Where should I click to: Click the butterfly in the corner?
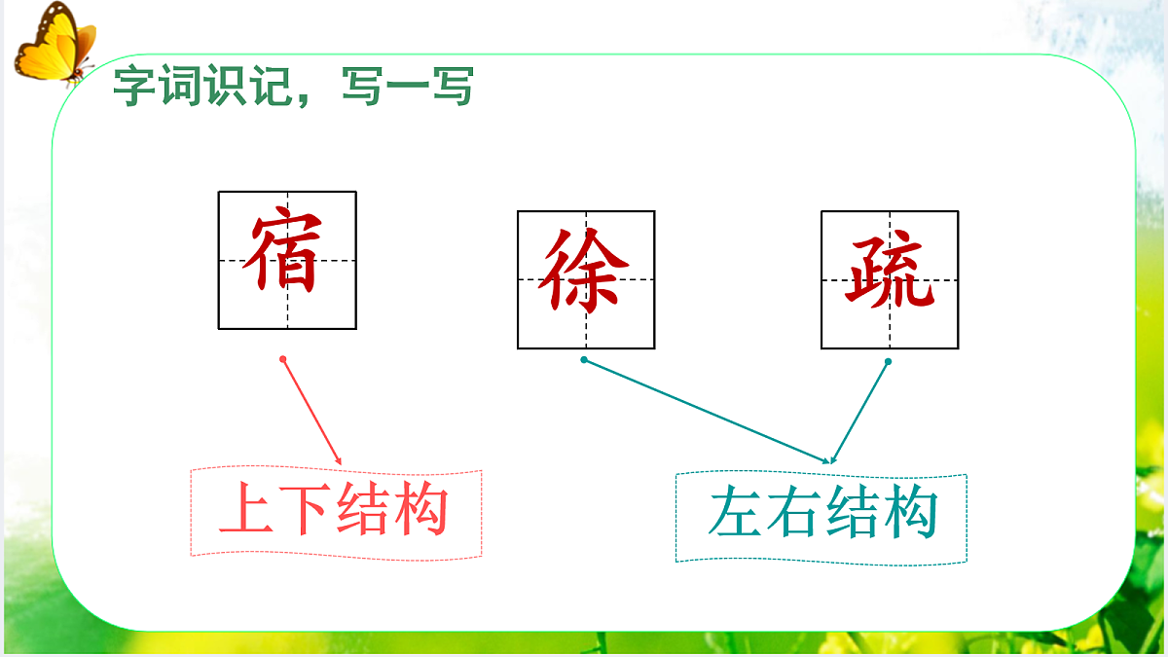pos(54,44)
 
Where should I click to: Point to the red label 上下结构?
pos(335,512)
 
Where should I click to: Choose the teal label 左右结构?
pos(822,516)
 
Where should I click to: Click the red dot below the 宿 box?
pos(283,359)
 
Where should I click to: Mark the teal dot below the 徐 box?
pos(584,360)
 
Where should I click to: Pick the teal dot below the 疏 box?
pos(888,362)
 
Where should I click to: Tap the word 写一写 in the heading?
pos(409,88)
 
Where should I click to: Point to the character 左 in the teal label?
pos(736,516)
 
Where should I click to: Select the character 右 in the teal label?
pos(793,516)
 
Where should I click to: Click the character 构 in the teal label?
pos(909,516)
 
